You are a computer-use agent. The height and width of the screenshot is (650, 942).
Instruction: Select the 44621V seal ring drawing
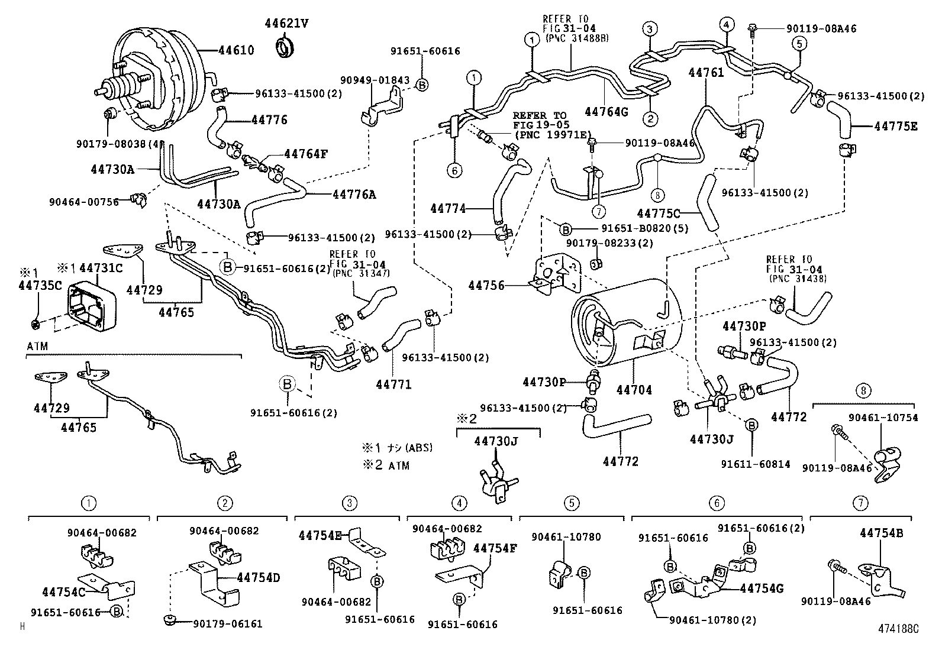pyautogui.click(x=286, y=47)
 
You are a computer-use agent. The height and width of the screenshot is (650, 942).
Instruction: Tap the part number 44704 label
pyautogui.click(x=634, y=390)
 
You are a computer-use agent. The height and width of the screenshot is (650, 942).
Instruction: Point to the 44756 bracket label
pyautogui.click(x=486, y=286)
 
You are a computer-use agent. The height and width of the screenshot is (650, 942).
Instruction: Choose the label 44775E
pyautogui.click(x=896, y=126)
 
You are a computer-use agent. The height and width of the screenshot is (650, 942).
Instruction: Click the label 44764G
pyautogui.click(x=606, y=111)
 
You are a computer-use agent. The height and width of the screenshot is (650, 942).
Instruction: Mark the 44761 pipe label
pyautogui.click(x=706, y=72)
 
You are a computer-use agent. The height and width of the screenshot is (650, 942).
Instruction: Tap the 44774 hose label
pyautogui.click(x=448, y=208)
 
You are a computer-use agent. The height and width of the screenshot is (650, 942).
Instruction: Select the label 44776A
pyautogui.click(x=354, y=194)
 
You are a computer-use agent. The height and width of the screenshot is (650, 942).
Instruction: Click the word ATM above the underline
pyautogui.click(x=37, y=345)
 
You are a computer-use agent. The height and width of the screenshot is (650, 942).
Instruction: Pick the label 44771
pyautogui.click(x=393, y=384)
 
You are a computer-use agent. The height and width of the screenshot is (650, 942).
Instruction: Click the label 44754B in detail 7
pyautogui.click(x=881, y=533)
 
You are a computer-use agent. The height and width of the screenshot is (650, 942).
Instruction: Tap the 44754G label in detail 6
pyautogui.click(x=762, y=588)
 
